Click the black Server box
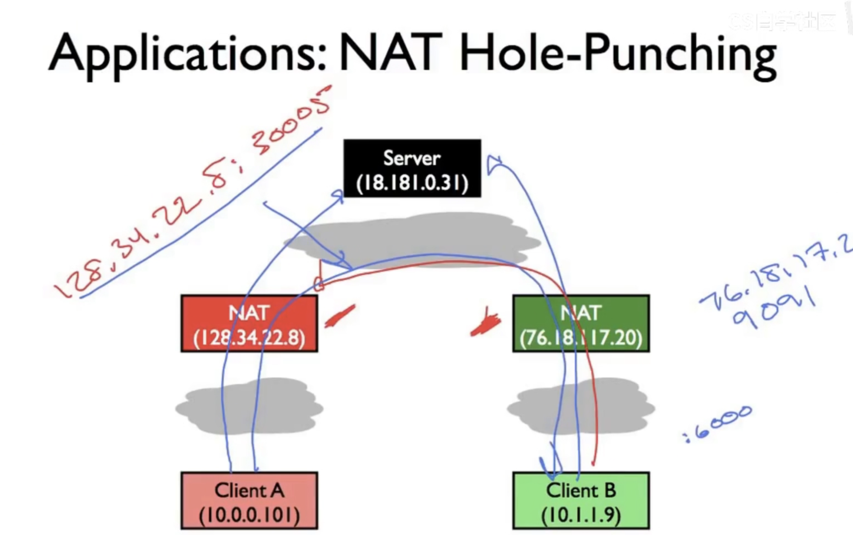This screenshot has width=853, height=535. [412, 168]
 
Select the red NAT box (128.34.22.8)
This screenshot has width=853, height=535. [249, 323]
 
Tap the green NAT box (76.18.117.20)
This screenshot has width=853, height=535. [581, 323]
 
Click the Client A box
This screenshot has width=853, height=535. [249, 500]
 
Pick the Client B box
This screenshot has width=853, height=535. [581, 500]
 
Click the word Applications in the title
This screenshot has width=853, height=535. [187, 54]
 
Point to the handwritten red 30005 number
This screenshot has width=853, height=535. [291, 121]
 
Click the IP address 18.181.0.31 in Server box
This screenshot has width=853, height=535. [412, 183]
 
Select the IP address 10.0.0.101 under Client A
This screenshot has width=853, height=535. [249, 515]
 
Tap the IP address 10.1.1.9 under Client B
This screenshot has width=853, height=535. [581, 515]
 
